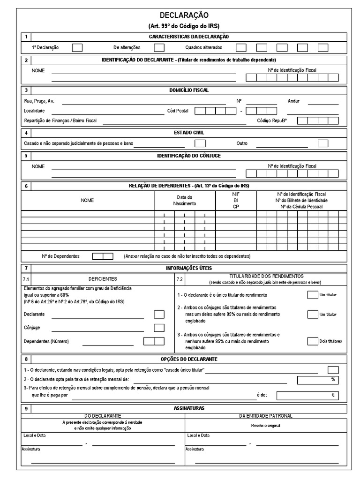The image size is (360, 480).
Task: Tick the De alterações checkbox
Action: [159, 47]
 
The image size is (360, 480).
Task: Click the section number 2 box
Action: [26, 60]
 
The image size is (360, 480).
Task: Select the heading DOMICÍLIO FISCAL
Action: [189, 90]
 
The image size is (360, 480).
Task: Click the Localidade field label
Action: [34, 111]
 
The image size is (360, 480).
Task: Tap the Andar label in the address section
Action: [293, 101]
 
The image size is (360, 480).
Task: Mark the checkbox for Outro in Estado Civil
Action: [322, 143]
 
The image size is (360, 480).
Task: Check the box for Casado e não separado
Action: [200, 143]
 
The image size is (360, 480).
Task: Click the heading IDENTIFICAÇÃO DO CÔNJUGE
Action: [189, 155]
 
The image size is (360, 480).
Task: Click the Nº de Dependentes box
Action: [103, 256]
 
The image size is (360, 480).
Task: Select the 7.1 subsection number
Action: [26, 279]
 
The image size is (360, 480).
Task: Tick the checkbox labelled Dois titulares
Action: [312, 341]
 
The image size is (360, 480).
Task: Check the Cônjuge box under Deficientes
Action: [159, 328]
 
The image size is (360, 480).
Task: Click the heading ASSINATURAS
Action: [189, 408]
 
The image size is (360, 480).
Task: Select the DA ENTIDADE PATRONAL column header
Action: [265, 416]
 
